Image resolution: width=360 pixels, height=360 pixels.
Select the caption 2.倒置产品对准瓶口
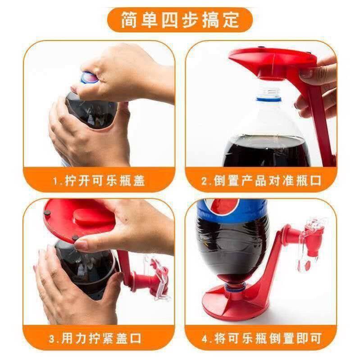(261, 181)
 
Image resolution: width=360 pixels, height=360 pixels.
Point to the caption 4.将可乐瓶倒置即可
(261, 337)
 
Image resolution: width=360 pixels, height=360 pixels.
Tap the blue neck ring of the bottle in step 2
(269, 96)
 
